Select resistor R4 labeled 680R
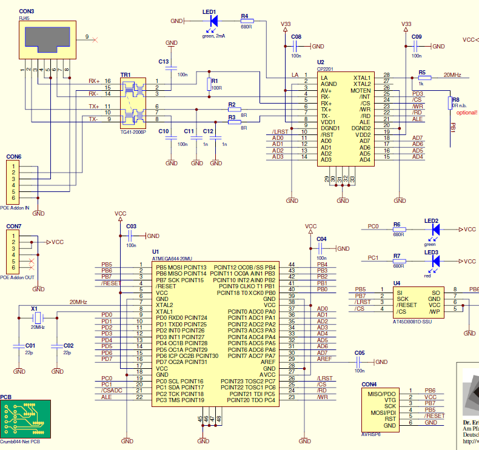pos(246,21)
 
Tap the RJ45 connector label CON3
pos(27,12)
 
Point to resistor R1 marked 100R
pos(210,84)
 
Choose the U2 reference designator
pos(321,62)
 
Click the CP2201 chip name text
pos(326,68)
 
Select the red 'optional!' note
pos(466,113)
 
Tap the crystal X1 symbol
pos(37,318)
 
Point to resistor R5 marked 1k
pos(424,77)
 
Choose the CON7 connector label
pos(14,227)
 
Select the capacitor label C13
pos(163,62)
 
